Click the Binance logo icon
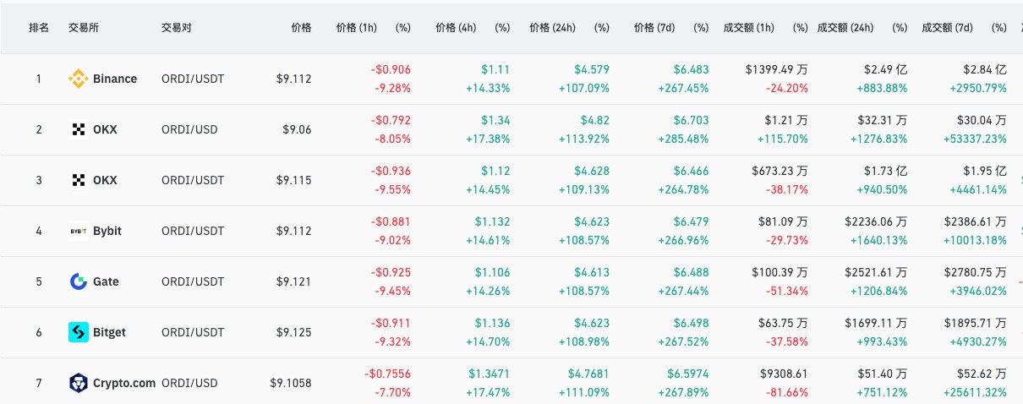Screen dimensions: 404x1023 pos(78,79)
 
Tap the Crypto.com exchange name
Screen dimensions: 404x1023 pos(123,383)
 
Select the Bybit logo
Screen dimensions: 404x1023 pos(78,231)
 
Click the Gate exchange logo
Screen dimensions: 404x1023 pos(78,281)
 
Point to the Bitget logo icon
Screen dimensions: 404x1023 pos(78,332)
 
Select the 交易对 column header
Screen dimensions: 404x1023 pos(176,28)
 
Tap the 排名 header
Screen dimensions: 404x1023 pos(39,28)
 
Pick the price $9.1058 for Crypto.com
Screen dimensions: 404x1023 pos(290,383)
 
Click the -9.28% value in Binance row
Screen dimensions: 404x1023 pos(391,88)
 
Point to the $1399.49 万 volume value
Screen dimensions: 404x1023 pos(777,69)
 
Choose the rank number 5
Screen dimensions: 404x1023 pos(38,281)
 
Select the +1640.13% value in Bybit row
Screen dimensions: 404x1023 pos(876,240)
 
